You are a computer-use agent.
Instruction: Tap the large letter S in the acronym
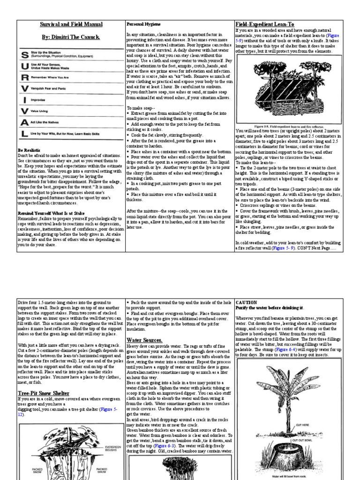[24, 56]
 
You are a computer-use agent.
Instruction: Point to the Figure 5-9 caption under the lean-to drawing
[288, 127]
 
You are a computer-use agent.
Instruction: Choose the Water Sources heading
[144, 339]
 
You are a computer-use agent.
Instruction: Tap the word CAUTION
[246, 302]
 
